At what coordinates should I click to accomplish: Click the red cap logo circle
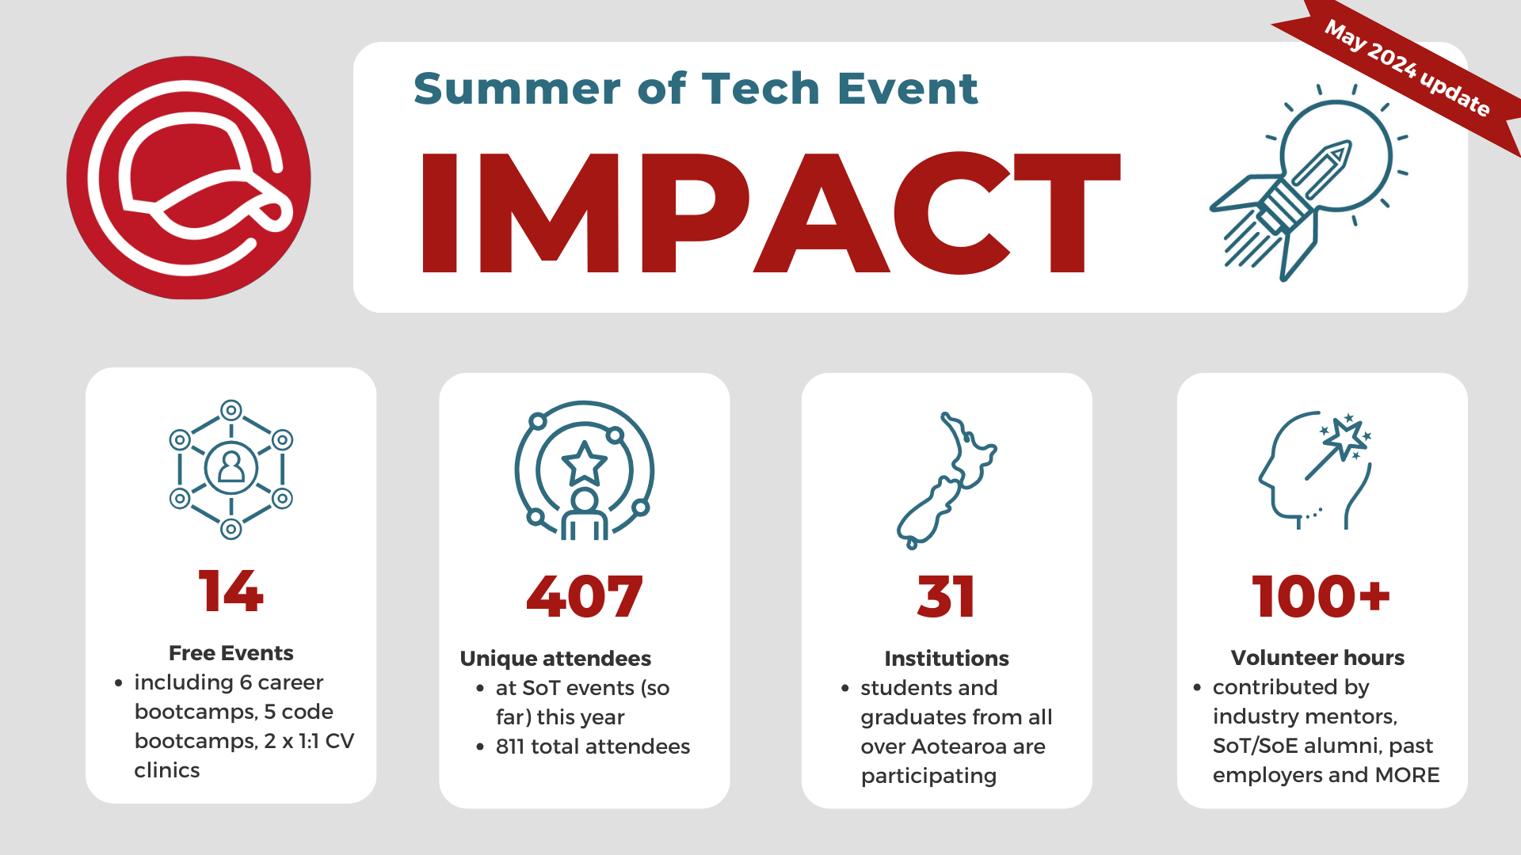(x=189, y=177)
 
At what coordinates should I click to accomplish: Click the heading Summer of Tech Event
(x=696, y=88)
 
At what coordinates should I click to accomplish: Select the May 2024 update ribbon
(x=1407, y=68)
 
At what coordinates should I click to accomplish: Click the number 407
(x=584, y=596)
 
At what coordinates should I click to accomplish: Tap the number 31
(x=946, y=596)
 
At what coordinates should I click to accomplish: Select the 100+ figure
(x=1321, y=596)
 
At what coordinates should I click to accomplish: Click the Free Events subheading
(x=231, y=653)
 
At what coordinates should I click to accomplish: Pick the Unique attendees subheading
(x=555, y=659)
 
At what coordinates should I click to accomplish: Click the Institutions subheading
(x=946, y=659)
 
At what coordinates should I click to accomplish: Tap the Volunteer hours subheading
(x=1317, y=658)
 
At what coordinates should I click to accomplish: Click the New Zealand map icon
(x=947, y=480)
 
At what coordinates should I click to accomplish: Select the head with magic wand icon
(x=1315, y=470)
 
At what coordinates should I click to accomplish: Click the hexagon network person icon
(x=231, y=469)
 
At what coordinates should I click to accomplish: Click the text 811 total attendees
(x=593, y=747)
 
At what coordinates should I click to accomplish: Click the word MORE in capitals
(x=1407, y=775)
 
